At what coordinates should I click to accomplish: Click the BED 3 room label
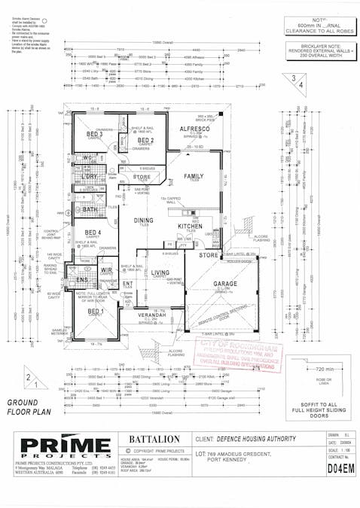(x=94, y=134)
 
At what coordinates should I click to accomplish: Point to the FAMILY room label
(x=194, y=176)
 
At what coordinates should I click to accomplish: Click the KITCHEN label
(x=189, y=225)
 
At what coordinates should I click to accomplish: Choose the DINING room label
(x=143, y=221)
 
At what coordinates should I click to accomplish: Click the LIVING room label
(x=160, y=273)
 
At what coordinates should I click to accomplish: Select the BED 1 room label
(x=96, y=311)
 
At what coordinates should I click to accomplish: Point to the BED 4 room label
(x=93, y=233)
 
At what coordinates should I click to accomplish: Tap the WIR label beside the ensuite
(x=106, y=269)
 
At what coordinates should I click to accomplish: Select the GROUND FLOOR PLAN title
(x=28, y=407)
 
